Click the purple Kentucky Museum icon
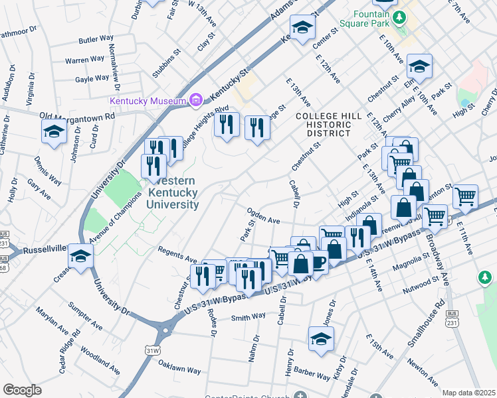tap(195, 100)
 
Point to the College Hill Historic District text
tap(323, 124)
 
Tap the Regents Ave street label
tap(177, 254)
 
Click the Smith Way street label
tap(248, 317)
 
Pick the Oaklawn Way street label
tap(179, 365)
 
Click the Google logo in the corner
tap(22, 389)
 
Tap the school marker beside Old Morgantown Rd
tap(54, 131)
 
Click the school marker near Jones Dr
tap(321, 338)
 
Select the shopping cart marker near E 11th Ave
tap(465, 195)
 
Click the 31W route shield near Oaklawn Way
tap(152, 350)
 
